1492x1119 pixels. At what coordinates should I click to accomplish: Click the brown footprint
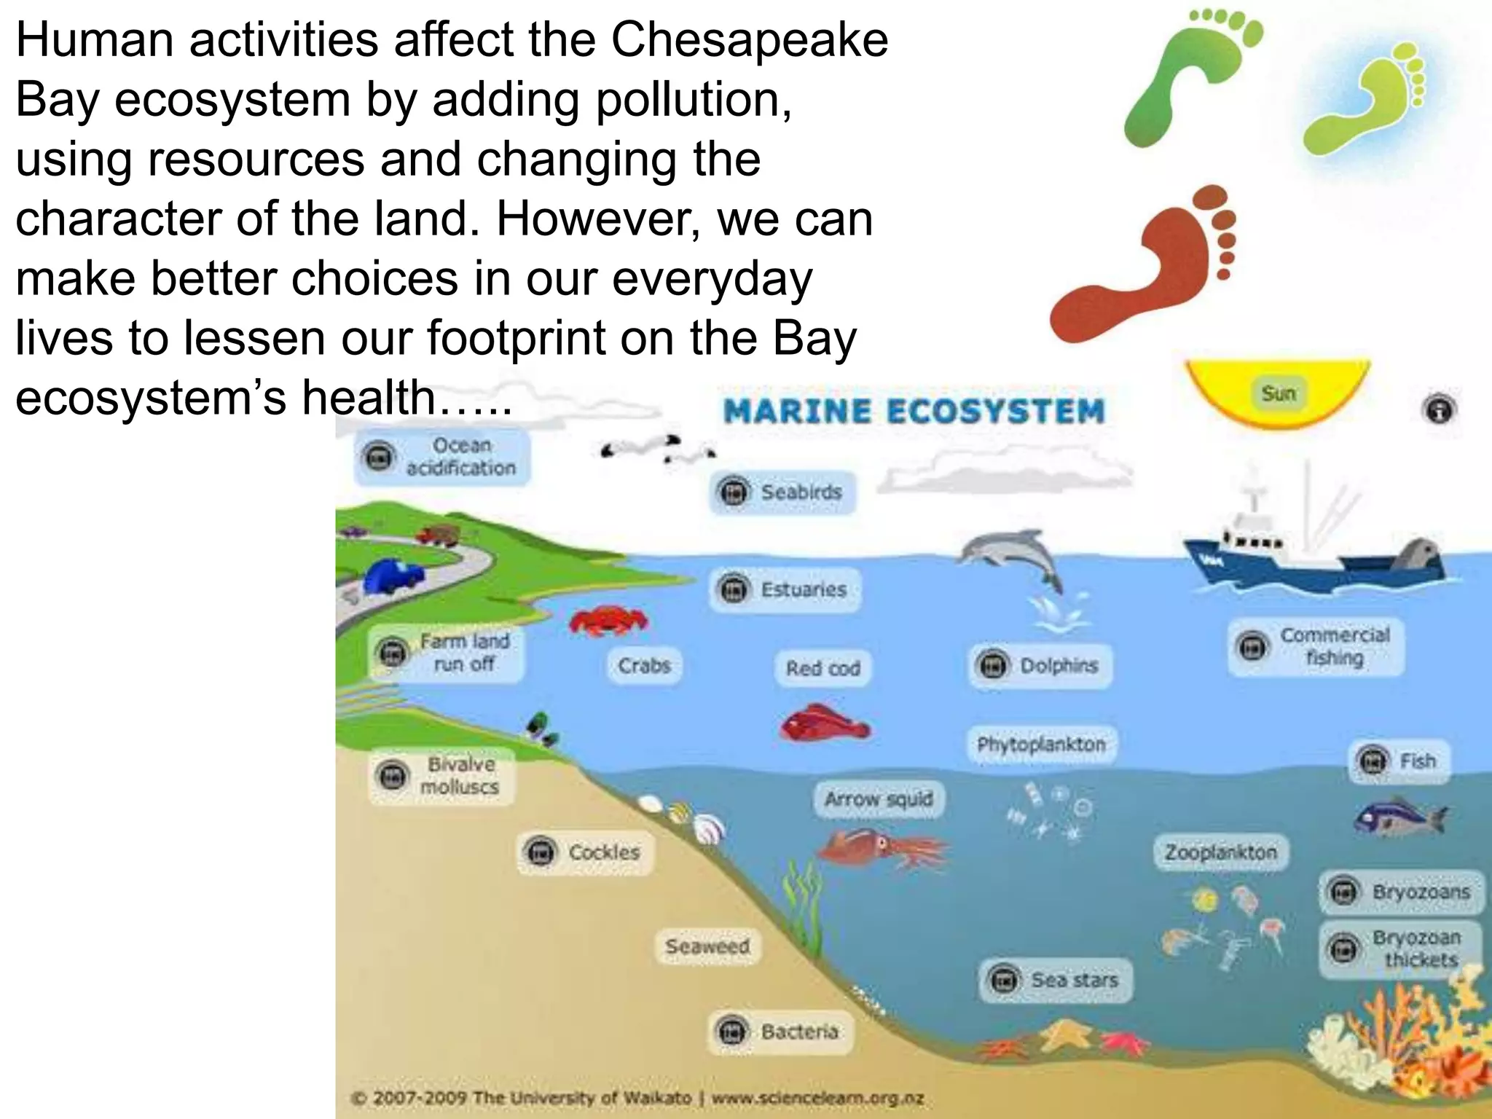(x=1144, y=270)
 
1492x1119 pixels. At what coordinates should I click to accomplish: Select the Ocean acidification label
(x=443, y=457)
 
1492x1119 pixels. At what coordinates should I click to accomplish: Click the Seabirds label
(x=782, y=492)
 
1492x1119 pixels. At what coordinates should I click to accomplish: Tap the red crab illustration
(x=608, y=621)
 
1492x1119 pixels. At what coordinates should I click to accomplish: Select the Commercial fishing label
(x=1316, y=647)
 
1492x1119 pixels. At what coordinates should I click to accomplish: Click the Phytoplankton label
(x=1041, y=745)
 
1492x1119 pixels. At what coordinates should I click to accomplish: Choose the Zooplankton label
(x=1220, y=852)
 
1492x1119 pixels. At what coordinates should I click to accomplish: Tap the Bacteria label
(x=780, y=1032)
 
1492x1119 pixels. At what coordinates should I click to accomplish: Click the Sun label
(x=1279, y=393)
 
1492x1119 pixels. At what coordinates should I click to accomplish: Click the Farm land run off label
(x=447, y=653)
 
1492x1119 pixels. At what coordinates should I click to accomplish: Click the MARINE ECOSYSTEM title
(x=914, y=411)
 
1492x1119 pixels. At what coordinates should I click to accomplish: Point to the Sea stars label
(x=1056, y=981)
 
